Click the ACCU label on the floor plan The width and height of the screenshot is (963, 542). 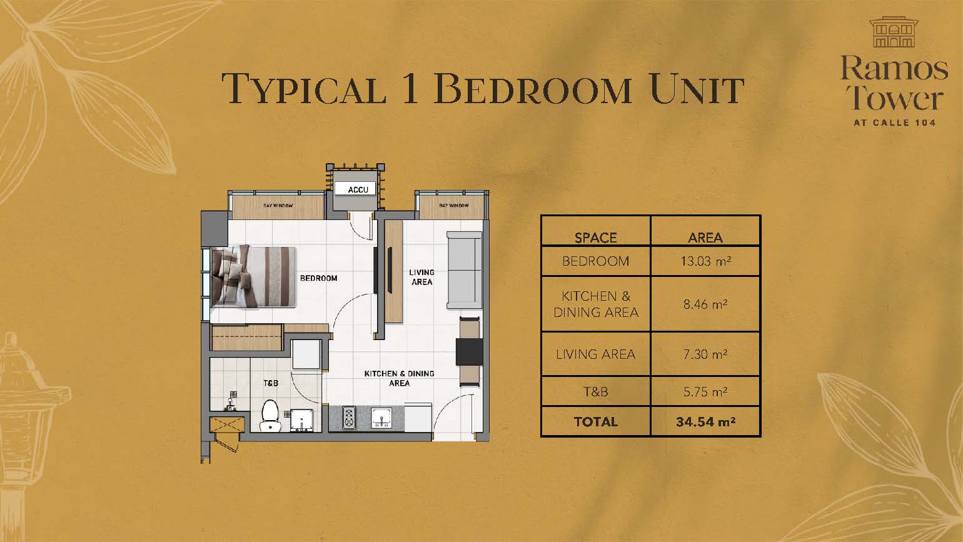tap(358, 189)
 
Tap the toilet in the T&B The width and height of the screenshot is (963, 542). tap(270, 415)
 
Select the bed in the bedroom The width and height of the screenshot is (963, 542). tap(253, 276)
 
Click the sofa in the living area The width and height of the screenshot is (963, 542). tap(464, 270)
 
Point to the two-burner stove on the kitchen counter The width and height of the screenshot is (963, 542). tap(349, 418)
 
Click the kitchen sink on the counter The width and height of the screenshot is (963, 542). tap(381, 418)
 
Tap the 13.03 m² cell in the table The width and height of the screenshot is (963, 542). tap(705, 261)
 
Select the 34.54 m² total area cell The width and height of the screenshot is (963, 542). tap(705, 421)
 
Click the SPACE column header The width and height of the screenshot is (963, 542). tap(595, 238)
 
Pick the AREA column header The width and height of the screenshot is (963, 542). tap(705, 238)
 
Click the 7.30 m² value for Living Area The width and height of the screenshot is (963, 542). tap(705, 354)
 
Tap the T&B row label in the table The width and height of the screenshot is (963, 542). tap(595, 391)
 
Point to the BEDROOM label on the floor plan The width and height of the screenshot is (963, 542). tap(318, 278)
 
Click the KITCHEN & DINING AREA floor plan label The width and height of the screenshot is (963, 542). tap(400, 378)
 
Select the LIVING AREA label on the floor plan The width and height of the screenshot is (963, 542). tap(421, 277)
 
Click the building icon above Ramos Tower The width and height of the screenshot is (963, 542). tap(894, 33)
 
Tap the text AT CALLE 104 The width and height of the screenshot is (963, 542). tap(894, 123)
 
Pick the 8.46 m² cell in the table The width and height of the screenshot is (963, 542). tap(705, 304)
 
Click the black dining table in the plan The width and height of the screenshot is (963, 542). tap(470, 352)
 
